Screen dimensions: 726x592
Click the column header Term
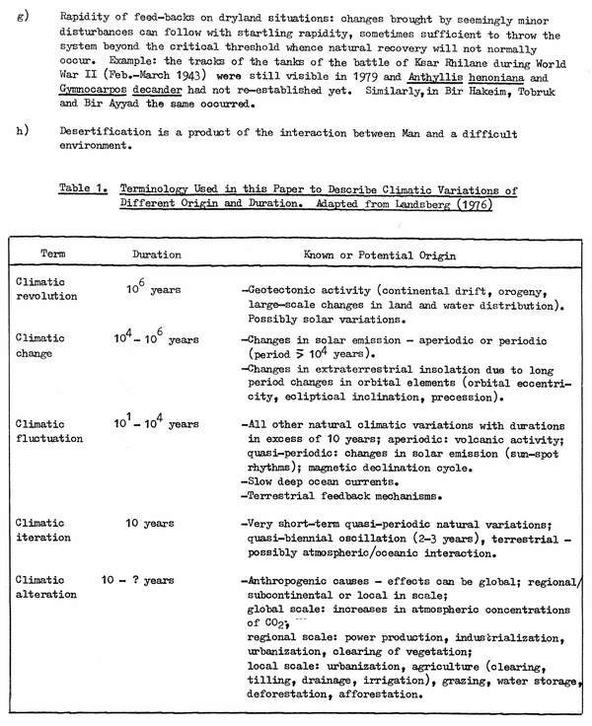(x=54, y=254)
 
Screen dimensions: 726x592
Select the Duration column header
(x=157, y=254)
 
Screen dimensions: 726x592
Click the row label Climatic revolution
(x=42, y=288)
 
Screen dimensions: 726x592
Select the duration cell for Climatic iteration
(x=150, y=523)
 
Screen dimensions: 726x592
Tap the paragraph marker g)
(x=20, y=17)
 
